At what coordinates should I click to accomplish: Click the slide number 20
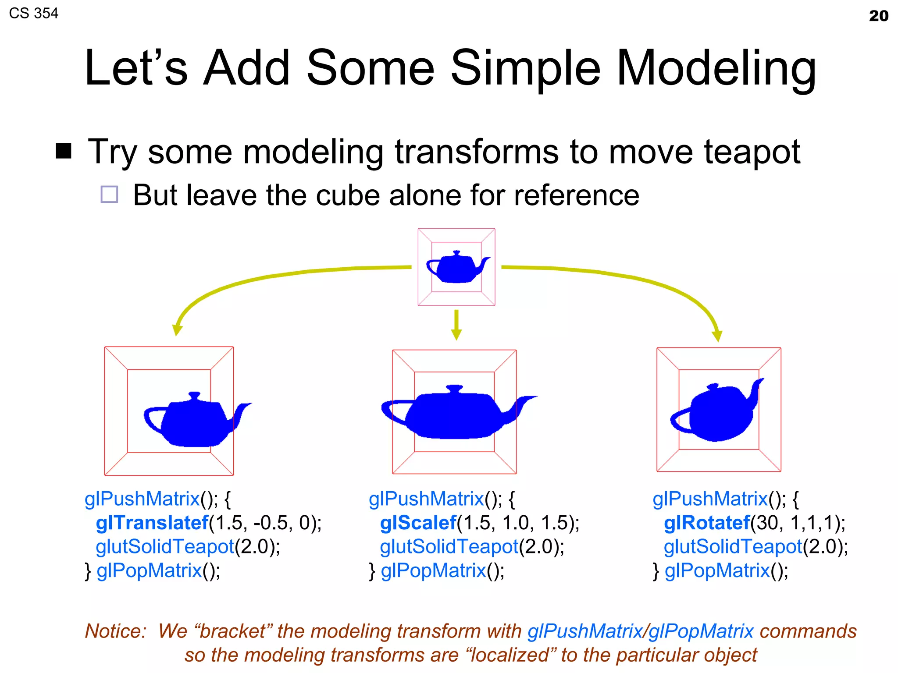878,16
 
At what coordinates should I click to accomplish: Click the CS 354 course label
33,13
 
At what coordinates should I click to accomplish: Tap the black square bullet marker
64,151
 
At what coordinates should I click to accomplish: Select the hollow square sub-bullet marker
109,194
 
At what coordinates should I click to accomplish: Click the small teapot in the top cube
456,267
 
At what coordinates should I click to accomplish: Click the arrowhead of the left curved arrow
177,329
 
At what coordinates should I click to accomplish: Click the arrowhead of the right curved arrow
717,336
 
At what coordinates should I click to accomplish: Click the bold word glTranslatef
152,523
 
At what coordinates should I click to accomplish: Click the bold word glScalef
418,523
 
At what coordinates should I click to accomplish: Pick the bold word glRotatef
707,523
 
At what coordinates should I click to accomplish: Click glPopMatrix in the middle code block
433,570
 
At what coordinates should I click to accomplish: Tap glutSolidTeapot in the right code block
733,547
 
